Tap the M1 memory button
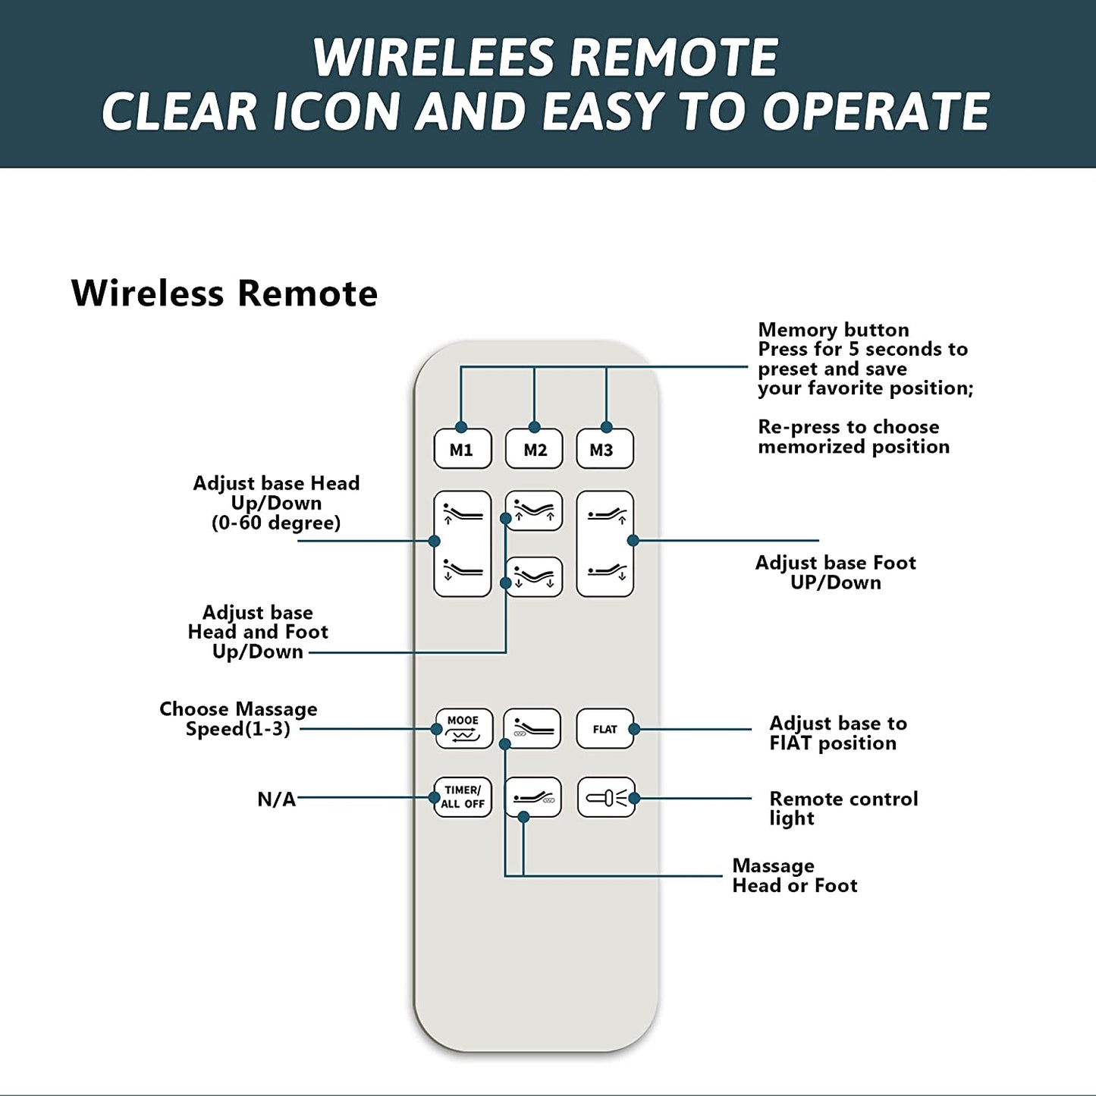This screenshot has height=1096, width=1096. tap(462, 450)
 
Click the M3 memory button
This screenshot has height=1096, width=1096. tap(604, 450)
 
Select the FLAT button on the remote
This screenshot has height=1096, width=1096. tap(605, 729)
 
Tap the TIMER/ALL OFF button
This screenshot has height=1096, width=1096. tap(463, 797)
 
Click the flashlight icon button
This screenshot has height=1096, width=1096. tap(605, 798)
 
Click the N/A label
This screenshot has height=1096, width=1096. tap(276, 799)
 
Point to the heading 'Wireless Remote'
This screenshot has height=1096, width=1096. tap(225, 294)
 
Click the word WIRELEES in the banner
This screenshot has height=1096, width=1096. tap(433, 58)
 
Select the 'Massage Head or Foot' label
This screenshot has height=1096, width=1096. tap(794, 876)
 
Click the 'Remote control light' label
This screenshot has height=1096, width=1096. tap(843, 809)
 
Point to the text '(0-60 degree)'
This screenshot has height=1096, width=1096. tap(276, 523)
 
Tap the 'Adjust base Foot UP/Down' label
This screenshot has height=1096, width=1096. tap(835, 573)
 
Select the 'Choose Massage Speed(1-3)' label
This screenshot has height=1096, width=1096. tap(238, 719)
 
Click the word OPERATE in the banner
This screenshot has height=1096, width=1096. tap(876, 111)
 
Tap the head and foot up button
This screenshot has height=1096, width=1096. tap(534, 510)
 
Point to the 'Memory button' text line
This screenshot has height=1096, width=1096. tap(833, 330)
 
